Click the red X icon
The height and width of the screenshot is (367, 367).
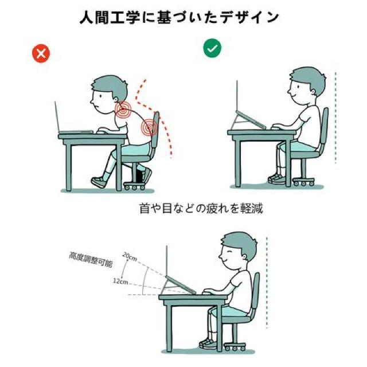[41, 53]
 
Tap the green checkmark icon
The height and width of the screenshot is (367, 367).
[212, 48]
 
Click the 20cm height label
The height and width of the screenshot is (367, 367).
[130, 257]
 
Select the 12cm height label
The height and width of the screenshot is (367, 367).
[120, 281]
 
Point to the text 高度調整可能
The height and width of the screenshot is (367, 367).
[91, 259]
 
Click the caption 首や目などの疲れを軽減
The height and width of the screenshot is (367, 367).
[201, 208]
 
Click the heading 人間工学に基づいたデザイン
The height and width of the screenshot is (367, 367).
[179, 17]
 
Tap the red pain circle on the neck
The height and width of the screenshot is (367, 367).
[123, 109]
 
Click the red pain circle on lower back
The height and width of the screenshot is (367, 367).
[149, 127]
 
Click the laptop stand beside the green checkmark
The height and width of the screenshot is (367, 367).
[248, 120]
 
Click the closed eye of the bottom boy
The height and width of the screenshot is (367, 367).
[229, 251]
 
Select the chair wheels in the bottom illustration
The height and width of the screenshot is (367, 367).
[235, 348]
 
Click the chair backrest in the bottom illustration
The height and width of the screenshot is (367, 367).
[256, 294]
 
